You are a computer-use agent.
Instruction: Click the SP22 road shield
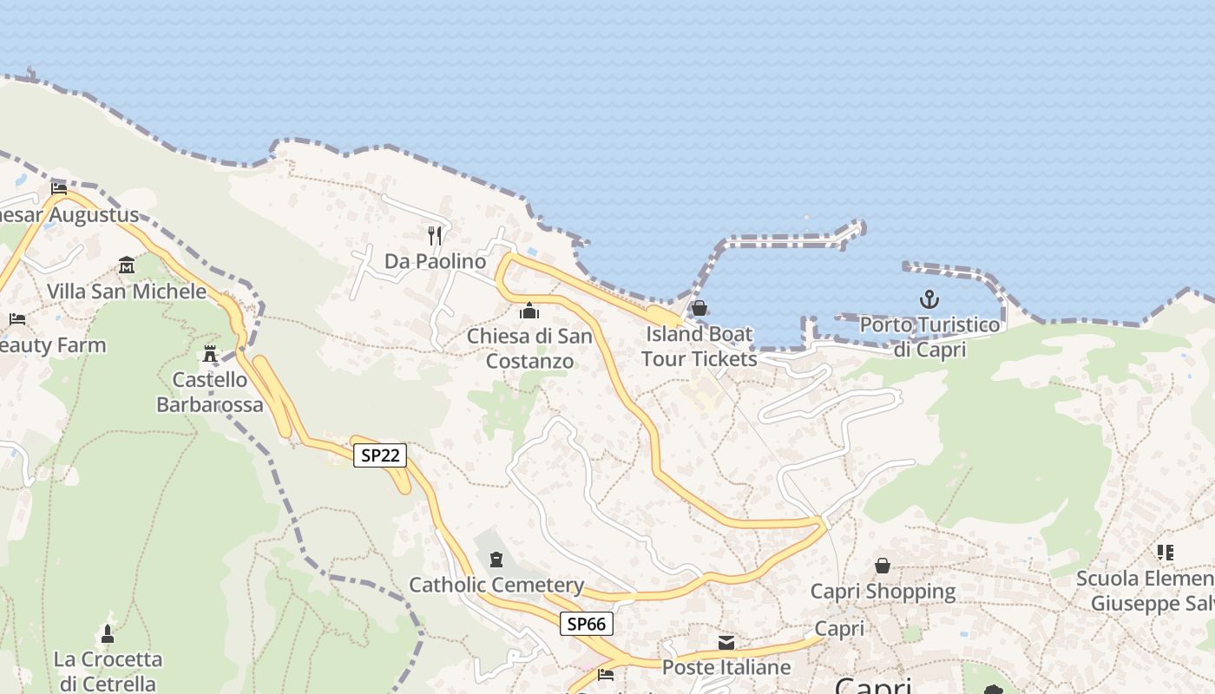(x=380, y=455)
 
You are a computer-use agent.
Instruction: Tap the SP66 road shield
(x=587, y=623)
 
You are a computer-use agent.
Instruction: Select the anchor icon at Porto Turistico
(x=929, y=300)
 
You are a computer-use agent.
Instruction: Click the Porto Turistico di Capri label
(x=929, y=337)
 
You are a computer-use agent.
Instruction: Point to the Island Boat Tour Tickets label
(x=699, y=345)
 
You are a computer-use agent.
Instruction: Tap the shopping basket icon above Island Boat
(x=699, y=308)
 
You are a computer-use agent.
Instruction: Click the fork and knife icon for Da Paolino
(x=436, y=234)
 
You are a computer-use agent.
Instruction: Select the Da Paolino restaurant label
(x=436, y=261)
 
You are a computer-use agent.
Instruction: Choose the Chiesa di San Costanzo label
(x=529, y=348)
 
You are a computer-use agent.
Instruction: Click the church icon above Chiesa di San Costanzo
(x=529, y=311)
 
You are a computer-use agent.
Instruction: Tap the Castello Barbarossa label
(x=210, y=392)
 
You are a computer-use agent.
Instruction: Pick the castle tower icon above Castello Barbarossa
(x=209, y=353)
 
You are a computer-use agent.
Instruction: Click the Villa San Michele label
(x=127, y=291)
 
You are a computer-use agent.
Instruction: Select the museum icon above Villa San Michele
(x=127, y=265)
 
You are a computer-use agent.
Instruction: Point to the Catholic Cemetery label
(x=496, y=585)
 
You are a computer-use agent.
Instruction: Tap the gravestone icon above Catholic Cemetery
(x=496, y=560)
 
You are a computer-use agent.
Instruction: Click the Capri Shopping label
(x=883, y=592)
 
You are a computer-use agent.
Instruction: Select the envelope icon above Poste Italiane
(x=726, y=643)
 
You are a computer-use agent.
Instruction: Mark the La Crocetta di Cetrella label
(x=108, y=671)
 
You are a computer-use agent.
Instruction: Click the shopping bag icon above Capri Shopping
(x=883, y=566)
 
